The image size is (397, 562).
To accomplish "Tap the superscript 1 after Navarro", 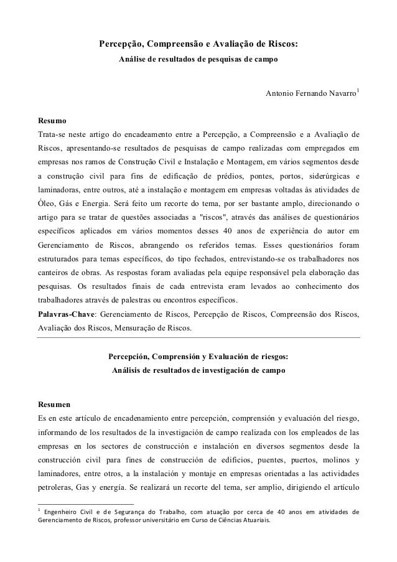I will (x=358, y=91).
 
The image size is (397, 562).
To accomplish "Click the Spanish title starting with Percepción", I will (x=198, y=357).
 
